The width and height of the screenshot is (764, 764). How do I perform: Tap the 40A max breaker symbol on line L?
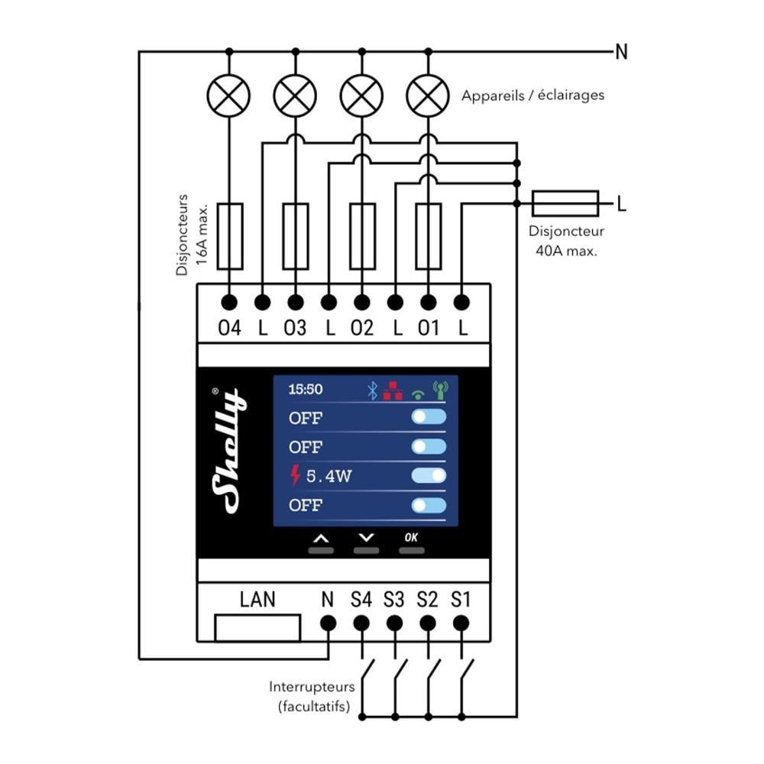565,203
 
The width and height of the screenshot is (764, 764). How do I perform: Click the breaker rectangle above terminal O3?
296,236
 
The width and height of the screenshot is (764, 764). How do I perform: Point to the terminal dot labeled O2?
362,303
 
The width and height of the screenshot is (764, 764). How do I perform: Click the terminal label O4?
229,329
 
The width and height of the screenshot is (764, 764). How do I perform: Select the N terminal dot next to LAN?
328,623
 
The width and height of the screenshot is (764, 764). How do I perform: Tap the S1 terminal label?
460,599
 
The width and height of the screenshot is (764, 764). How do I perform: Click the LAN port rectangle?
257,627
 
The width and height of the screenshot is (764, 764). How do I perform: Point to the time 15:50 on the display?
306,390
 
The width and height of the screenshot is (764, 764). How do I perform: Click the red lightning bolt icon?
296,477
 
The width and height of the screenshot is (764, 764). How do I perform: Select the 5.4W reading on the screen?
329,477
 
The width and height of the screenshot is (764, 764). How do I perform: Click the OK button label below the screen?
411,537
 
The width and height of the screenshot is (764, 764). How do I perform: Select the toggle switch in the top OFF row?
429,417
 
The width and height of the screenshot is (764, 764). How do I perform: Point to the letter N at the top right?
621,52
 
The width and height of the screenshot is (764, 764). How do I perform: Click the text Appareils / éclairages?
533,95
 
